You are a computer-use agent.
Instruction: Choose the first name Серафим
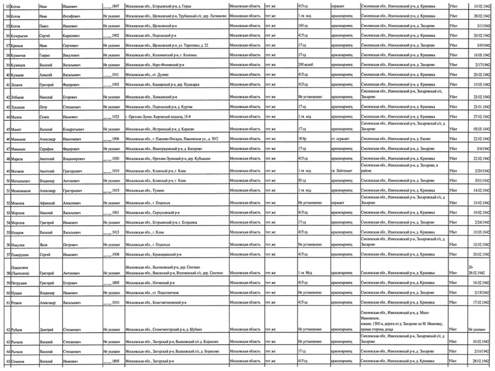click(47, 148)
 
